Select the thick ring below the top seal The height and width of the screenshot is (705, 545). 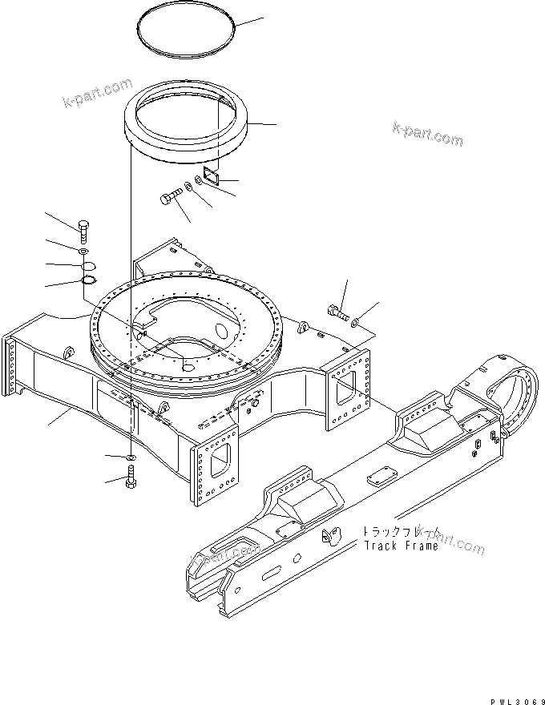click(x=188, y=129)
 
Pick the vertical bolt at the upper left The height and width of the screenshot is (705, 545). click(x=83, y=234)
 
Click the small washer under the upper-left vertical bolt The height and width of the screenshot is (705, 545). click(x=84, y=252)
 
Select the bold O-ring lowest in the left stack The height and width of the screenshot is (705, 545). click(x=89, y=280)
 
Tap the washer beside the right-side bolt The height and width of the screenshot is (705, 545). click(x=355, y=322)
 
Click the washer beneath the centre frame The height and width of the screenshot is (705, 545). click(x=130, y=457)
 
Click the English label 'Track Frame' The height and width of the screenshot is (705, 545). click(x=401, y=546)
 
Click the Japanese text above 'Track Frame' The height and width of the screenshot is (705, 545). click(x=401, y=531)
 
